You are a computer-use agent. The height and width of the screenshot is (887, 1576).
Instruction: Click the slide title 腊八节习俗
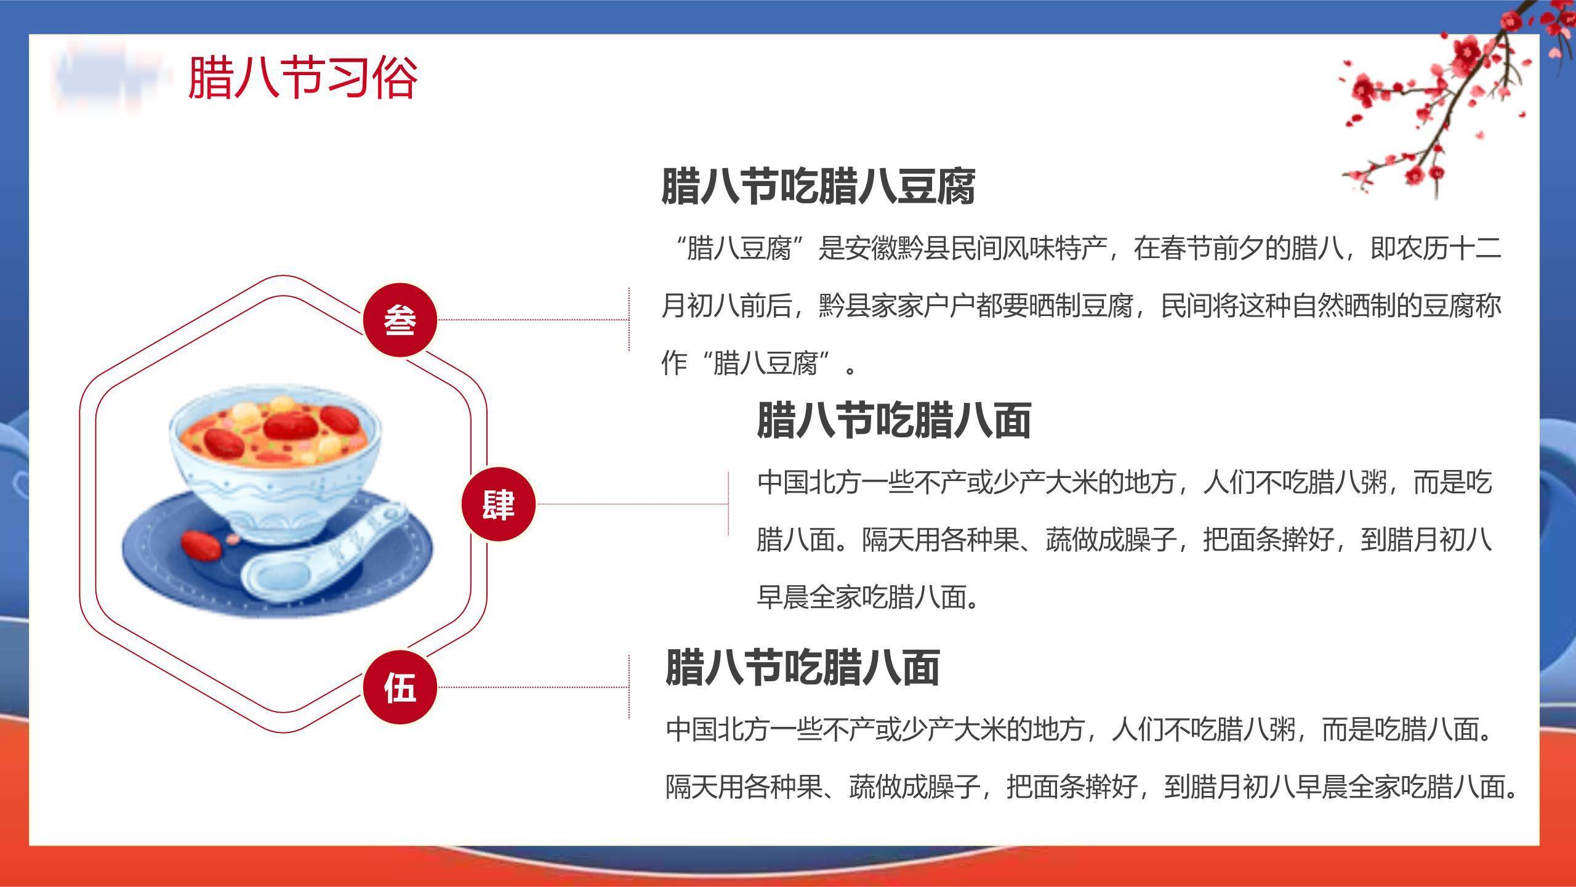(303, 78)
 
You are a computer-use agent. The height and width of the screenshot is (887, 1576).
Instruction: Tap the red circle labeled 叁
(400, 320)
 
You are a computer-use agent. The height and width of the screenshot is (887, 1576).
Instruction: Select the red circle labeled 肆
(499, 504)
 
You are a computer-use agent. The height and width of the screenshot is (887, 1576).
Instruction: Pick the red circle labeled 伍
(400, 687)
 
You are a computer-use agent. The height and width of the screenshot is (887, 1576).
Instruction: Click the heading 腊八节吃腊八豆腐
(818, 185)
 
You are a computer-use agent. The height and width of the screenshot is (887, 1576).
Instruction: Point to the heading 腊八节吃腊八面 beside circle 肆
(894, 420)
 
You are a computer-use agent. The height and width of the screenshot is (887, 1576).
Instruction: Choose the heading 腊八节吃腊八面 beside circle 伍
(802, 666)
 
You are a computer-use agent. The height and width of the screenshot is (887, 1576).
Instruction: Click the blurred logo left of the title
(111, 76)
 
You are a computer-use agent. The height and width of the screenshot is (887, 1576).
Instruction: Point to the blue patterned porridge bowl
(275, 465)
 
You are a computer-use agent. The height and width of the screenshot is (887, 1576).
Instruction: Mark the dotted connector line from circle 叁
(533, 320)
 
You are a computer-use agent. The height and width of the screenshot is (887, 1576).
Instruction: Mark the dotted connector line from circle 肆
(632, 504)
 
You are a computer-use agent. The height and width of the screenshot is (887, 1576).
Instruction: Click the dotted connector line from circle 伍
(533, 687)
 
